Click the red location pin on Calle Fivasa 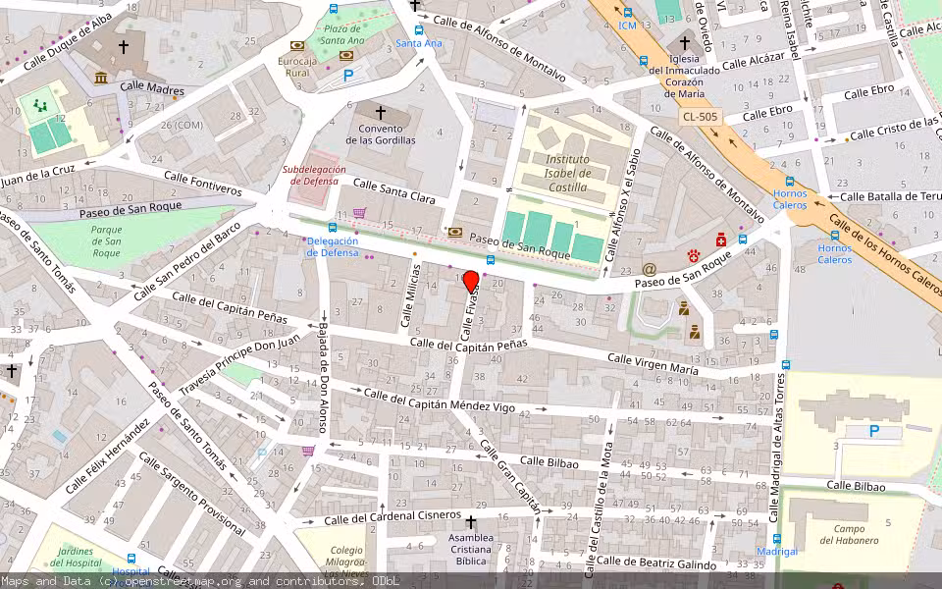471,283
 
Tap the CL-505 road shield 700,116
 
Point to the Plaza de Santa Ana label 343,34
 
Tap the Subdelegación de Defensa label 314,175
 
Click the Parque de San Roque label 106,241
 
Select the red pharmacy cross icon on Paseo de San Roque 720,240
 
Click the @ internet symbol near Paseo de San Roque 649,268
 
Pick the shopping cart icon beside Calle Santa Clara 359,213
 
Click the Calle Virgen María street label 653,364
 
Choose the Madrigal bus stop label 777,552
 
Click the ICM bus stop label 627,26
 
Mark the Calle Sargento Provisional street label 191,495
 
